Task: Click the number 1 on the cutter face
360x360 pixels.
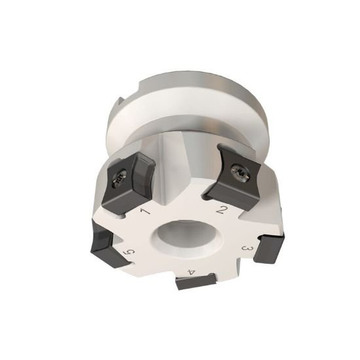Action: pos(145,211)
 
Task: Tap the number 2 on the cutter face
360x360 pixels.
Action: pos(222,209)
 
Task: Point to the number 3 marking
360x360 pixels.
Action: pos(247,249)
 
